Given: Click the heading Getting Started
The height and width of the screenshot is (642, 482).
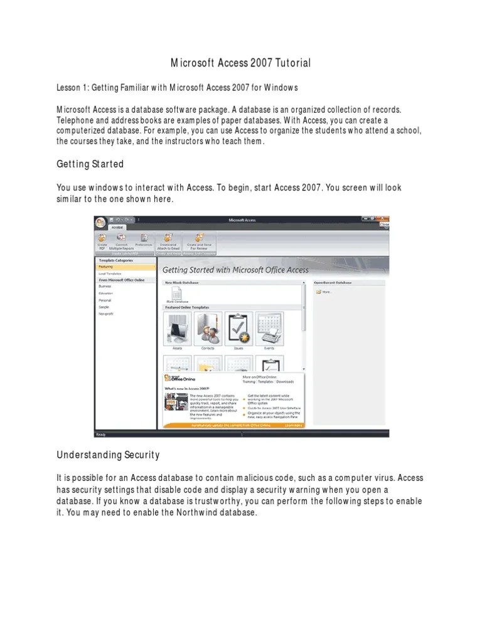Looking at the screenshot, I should point(90,164).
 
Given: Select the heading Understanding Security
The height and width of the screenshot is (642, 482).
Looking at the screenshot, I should point(108,455).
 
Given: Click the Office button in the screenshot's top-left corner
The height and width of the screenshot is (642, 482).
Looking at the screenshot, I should point(100,223).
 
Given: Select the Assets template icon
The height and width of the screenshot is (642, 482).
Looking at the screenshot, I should point(177,327).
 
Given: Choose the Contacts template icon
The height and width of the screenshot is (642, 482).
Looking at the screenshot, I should point(208,327).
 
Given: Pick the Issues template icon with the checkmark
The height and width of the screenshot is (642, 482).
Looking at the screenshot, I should point(238,327).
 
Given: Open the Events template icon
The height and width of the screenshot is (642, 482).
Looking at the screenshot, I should point(269,327).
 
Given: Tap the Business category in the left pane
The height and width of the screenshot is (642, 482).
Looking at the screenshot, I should point(105,285).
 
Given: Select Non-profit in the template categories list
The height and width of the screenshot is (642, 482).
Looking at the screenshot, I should point(106,313).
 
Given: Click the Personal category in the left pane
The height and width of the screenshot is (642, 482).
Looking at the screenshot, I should point(105,300).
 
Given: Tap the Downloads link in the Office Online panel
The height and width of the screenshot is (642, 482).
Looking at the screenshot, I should point(284,381).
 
